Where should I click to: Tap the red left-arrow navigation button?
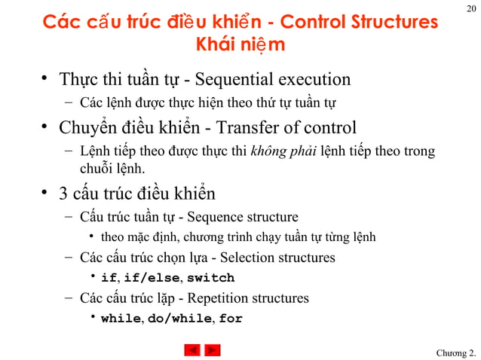point(192,350)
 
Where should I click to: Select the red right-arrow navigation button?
point(213,350)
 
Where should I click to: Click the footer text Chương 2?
point(456,353)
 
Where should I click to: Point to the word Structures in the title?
point(394,23)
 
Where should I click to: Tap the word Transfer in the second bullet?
point(246,128)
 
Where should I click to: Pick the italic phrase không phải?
point(283,151)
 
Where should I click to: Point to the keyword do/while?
point(179,319)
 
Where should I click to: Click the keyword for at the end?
point(231,319)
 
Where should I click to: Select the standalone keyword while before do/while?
point(121,319)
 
